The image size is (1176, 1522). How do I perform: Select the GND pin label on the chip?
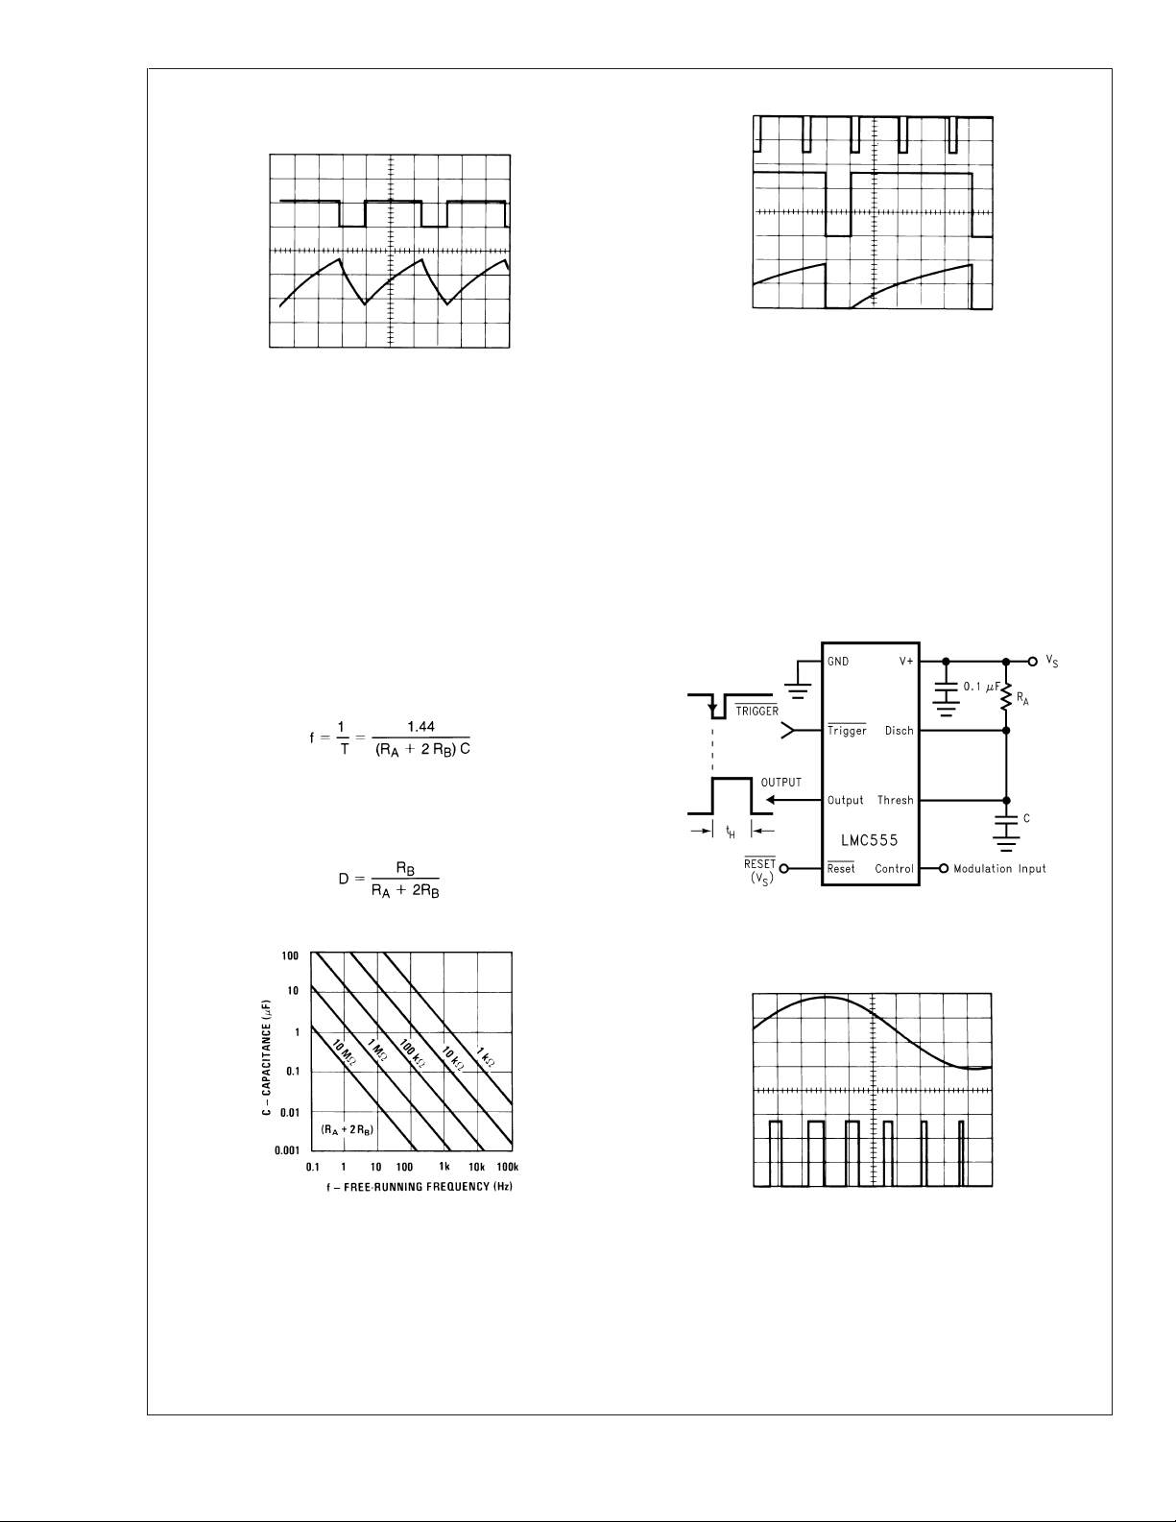point(838,662)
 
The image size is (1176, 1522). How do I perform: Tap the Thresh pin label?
point(895,800)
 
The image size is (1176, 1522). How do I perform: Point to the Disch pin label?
point(899,731)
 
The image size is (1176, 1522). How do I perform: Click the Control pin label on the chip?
point(894,869)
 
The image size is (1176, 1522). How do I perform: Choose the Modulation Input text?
point(999,869)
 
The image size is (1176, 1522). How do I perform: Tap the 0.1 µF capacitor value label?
point(981,688)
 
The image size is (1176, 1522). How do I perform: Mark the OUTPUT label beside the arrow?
point(780,783)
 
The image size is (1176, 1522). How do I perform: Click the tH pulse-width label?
point(731,833)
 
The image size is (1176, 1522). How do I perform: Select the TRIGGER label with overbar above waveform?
point(756,712)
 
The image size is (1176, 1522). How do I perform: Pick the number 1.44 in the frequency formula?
point(420,729)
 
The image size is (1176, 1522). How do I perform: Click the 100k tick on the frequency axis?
point(507,1167)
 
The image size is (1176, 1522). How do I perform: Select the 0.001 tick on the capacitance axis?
point(288,1149)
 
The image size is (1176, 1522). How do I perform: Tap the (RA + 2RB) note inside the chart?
point(347,1131)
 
